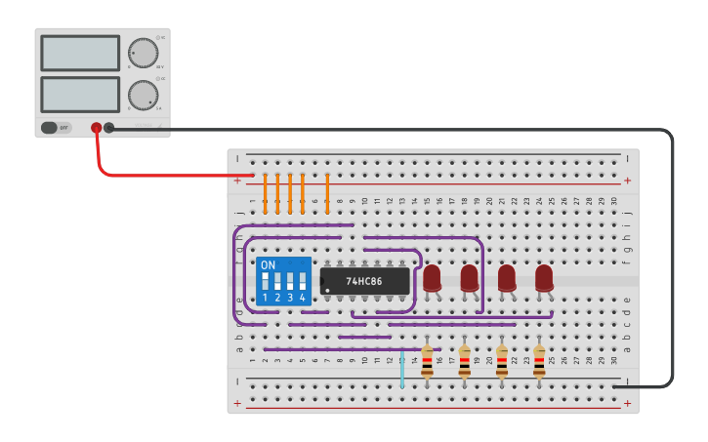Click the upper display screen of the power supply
[x=80, y=53]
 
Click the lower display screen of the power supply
[x=80, y=94]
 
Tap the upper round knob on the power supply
[x=143, y=53]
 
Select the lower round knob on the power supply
[x=143, y=95]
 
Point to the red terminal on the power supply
[x=96, y=127]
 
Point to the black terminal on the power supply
[x=109, y=127]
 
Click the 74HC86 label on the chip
[x=364, y=281]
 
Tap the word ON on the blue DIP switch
[x=269, y=265]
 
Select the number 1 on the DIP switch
[x=266, y=297]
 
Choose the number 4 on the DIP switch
[x=303, y=297]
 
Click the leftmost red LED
[x=432, y=278]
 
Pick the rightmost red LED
[x=544, y=278]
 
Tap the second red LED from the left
[x=469, y=278]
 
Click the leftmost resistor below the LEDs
[x=427, y=362]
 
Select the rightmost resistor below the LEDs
[x=539, y=362]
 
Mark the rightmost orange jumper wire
[x=327, y=192]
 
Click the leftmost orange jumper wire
[x=266, y=192]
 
